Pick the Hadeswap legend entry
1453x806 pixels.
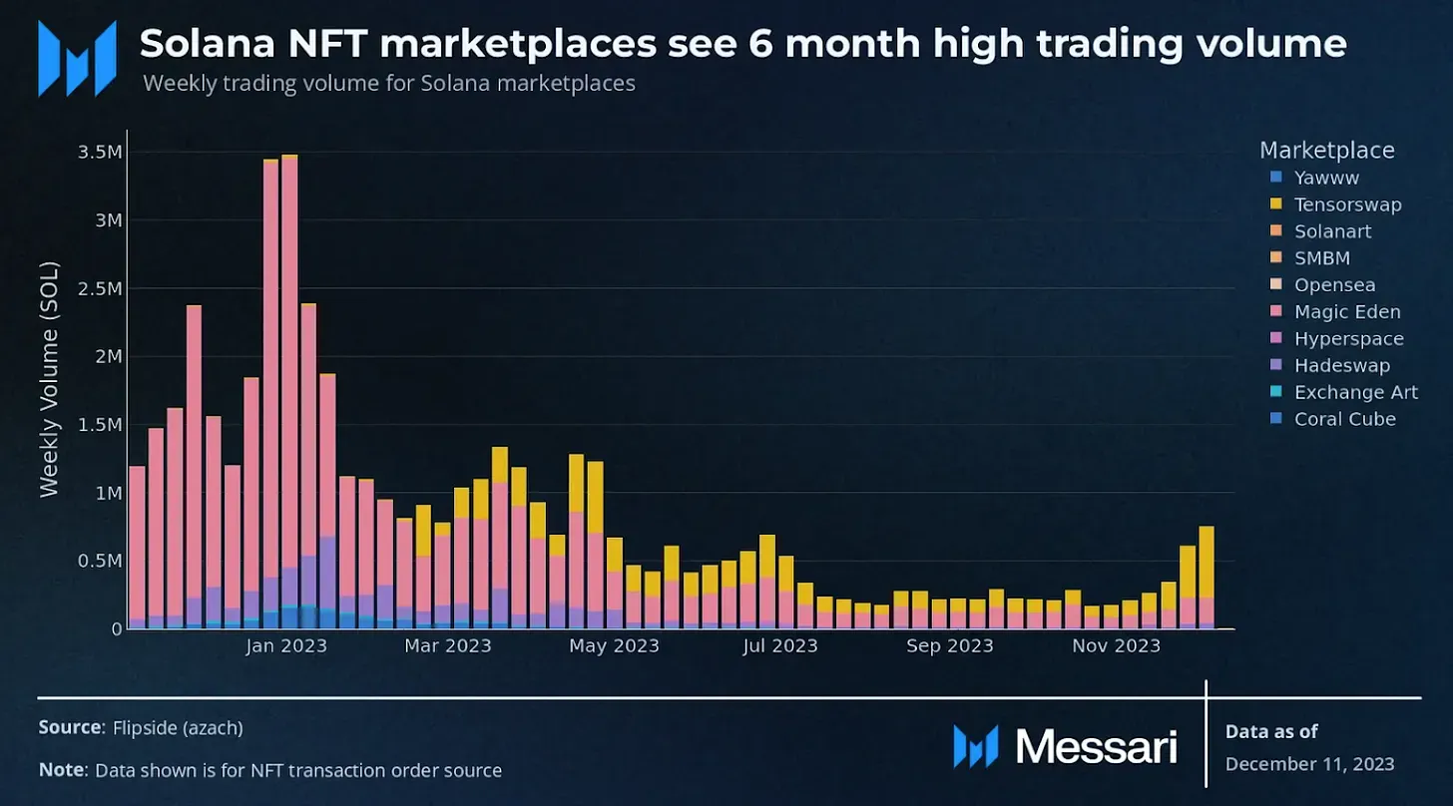pyautogui.click(x=1341, y=366)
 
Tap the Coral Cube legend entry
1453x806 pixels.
pyautogui.click(x=1344, y=419)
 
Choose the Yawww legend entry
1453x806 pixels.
pyautogui.click(x=1326, y=178)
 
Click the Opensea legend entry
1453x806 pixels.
pyautogui.click(x=1334, y=285)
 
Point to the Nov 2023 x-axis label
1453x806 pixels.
pyautogui.click(x=1117, y=646)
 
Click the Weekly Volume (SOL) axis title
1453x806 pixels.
pyautogui.click(x=49, y=379)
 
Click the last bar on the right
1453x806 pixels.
pyautogui.click(x=1207, y=579)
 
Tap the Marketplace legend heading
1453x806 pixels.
pyautogui.click(x=1326, y=151)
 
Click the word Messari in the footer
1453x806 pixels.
pyautogui.click(x=1096, y=746)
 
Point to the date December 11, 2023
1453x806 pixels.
pyautogui.click(x=1309, y=764)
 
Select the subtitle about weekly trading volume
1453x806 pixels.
pyautogui.click(x=389, y=83)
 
